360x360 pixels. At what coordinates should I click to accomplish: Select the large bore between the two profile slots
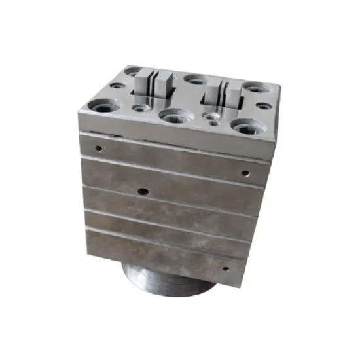[194, 80]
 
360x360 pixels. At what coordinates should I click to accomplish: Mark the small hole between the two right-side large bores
[263, 105]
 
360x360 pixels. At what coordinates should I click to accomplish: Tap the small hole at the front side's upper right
[245, 174]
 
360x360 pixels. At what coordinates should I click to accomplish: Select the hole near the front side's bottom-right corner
[226, 268]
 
